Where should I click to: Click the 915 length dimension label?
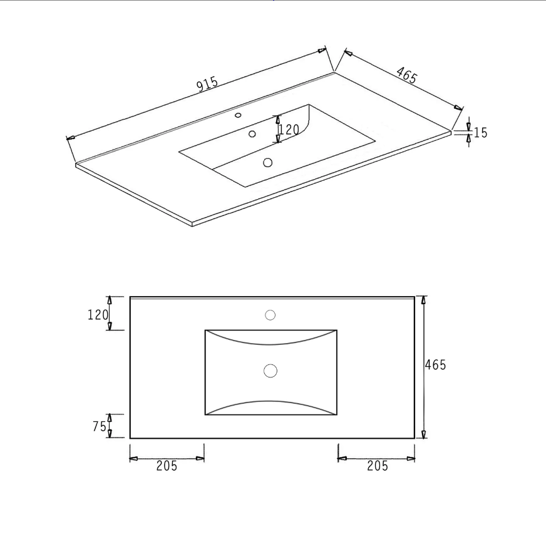pos(207,84)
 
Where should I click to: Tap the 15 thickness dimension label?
pos(480,133)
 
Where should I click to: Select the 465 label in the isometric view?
pos(406,75)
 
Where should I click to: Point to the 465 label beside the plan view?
pos(435,365)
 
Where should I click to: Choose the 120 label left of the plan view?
pos(98,315)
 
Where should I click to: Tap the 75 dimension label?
pos(99,426)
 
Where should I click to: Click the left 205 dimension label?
pos(167,466)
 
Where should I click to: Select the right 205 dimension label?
pos(378,466)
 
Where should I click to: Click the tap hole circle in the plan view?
pos(270,315)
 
